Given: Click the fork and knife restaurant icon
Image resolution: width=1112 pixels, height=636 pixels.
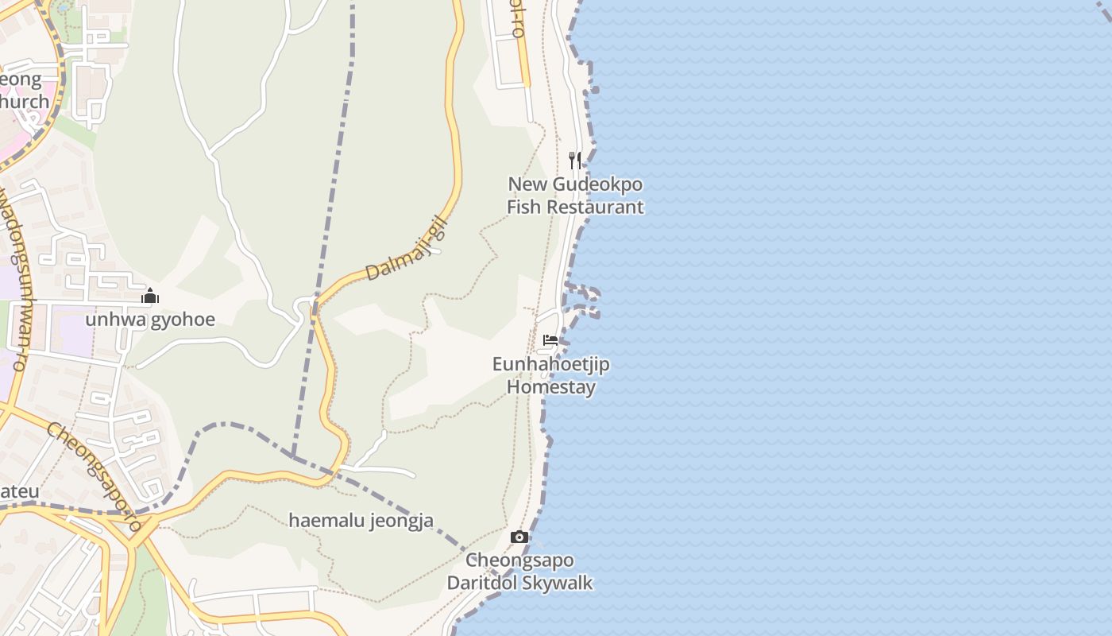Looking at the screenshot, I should (575, 160).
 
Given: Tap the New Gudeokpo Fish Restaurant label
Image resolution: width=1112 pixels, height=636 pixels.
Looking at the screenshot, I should (575, 196).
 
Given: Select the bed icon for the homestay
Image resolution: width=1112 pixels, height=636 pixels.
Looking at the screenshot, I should (550, 340).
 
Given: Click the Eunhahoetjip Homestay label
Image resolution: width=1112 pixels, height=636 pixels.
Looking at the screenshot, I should (551, 375).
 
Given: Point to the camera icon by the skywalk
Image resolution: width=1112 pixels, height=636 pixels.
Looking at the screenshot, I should (519, 537).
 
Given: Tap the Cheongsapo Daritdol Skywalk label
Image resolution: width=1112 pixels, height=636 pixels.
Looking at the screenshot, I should (519, 572).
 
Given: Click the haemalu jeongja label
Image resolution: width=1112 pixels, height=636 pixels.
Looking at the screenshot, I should (361, 521).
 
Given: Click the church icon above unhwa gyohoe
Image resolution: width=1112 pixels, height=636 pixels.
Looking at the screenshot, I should (150, 297).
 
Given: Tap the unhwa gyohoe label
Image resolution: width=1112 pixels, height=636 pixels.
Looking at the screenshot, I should (150, 320).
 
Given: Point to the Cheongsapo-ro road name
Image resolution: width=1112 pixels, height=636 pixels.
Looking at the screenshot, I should (94, 475).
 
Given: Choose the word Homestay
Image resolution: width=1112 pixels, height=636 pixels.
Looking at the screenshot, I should (551, 387).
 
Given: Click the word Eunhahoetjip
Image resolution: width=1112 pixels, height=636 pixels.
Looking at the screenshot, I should (551, 364).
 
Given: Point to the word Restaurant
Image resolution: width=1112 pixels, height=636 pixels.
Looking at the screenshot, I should (593, 207).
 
